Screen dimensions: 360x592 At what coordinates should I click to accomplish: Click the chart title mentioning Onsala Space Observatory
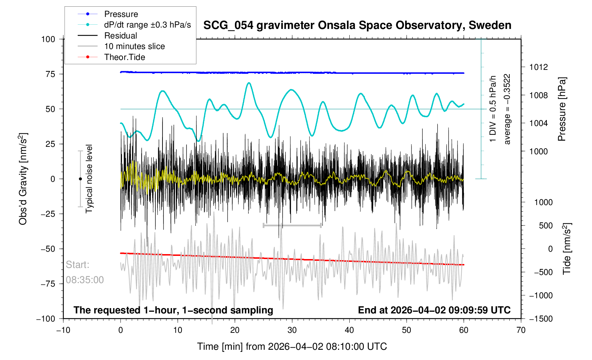point(357,25)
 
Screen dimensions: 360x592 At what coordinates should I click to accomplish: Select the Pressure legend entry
point(121,14)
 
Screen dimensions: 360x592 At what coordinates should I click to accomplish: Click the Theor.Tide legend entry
point(124,57)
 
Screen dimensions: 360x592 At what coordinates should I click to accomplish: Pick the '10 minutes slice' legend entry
point(134,46)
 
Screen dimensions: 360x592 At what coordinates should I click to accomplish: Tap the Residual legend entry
point(120,36)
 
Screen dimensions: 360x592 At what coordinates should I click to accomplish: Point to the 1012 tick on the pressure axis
point(538,67)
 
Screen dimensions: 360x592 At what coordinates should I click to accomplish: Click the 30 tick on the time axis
point(292,330)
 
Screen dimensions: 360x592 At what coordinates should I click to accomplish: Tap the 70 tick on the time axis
point(521,330)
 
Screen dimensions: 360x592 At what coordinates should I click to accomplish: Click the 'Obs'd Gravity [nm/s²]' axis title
point(23,179)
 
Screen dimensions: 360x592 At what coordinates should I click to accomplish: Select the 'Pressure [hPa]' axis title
point(562,109)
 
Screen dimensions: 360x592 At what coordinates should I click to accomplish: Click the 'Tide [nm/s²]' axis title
point(567,249)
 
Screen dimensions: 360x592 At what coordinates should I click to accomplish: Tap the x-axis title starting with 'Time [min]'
point(292,347)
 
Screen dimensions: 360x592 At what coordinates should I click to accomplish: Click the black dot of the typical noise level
point(80,179)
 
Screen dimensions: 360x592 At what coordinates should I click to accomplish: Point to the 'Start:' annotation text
point(78,265)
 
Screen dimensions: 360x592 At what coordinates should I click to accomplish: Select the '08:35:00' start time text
point(85,280)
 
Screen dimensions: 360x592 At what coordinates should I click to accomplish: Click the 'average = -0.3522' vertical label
point(507,109)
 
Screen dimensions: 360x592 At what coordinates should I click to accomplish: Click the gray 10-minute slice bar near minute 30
point(292,225)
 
